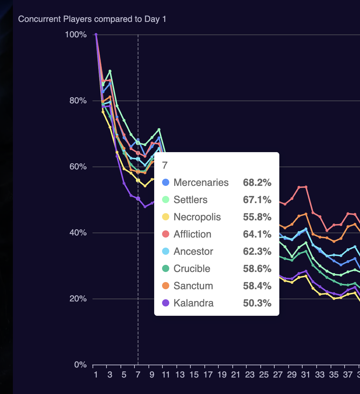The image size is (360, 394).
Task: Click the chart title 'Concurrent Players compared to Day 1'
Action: click(92, 19)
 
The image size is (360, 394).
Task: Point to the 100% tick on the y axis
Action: click(76, 35)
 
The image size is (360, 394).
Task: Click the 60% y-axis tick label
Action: click(78, 167)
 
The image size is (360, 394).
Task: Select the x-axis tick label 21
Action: click(236, 375)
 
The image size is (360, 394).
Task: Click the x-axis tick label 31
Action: click(305, 375)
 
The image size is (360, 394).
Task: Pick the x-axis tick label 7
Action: click(138, 375)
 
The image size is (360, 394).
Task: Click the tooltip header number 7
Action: click(165, 165)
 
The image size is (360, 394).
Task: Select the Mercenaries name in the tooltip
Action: click(201, 183)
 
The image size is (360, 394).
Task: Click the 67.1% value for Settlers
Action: click(257, 200)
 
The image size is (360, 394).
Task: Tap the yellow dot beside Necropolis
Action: click(166, 217)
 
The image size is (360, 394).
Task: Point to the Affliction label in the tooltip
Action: click(192, 234)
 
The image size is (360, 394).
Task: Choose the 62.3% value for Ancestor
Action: click(257, 252)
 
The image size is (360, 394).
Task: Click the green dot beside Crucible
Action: click(166, 269)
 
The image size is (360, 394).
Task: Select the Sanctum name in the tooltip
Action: click(193, 286)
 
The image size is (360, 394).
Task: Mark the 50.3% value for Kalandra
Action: click(257, 303)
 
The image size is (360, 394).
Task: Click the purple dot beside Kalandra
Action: click(166, 303)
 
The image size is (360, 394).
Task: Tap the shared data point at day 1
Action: click(96, 34)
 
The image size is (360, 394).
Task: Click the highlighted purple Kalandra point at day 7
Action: click(138, 199)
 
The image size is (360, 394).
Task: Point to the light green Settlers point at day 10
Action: click(159, 130)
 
